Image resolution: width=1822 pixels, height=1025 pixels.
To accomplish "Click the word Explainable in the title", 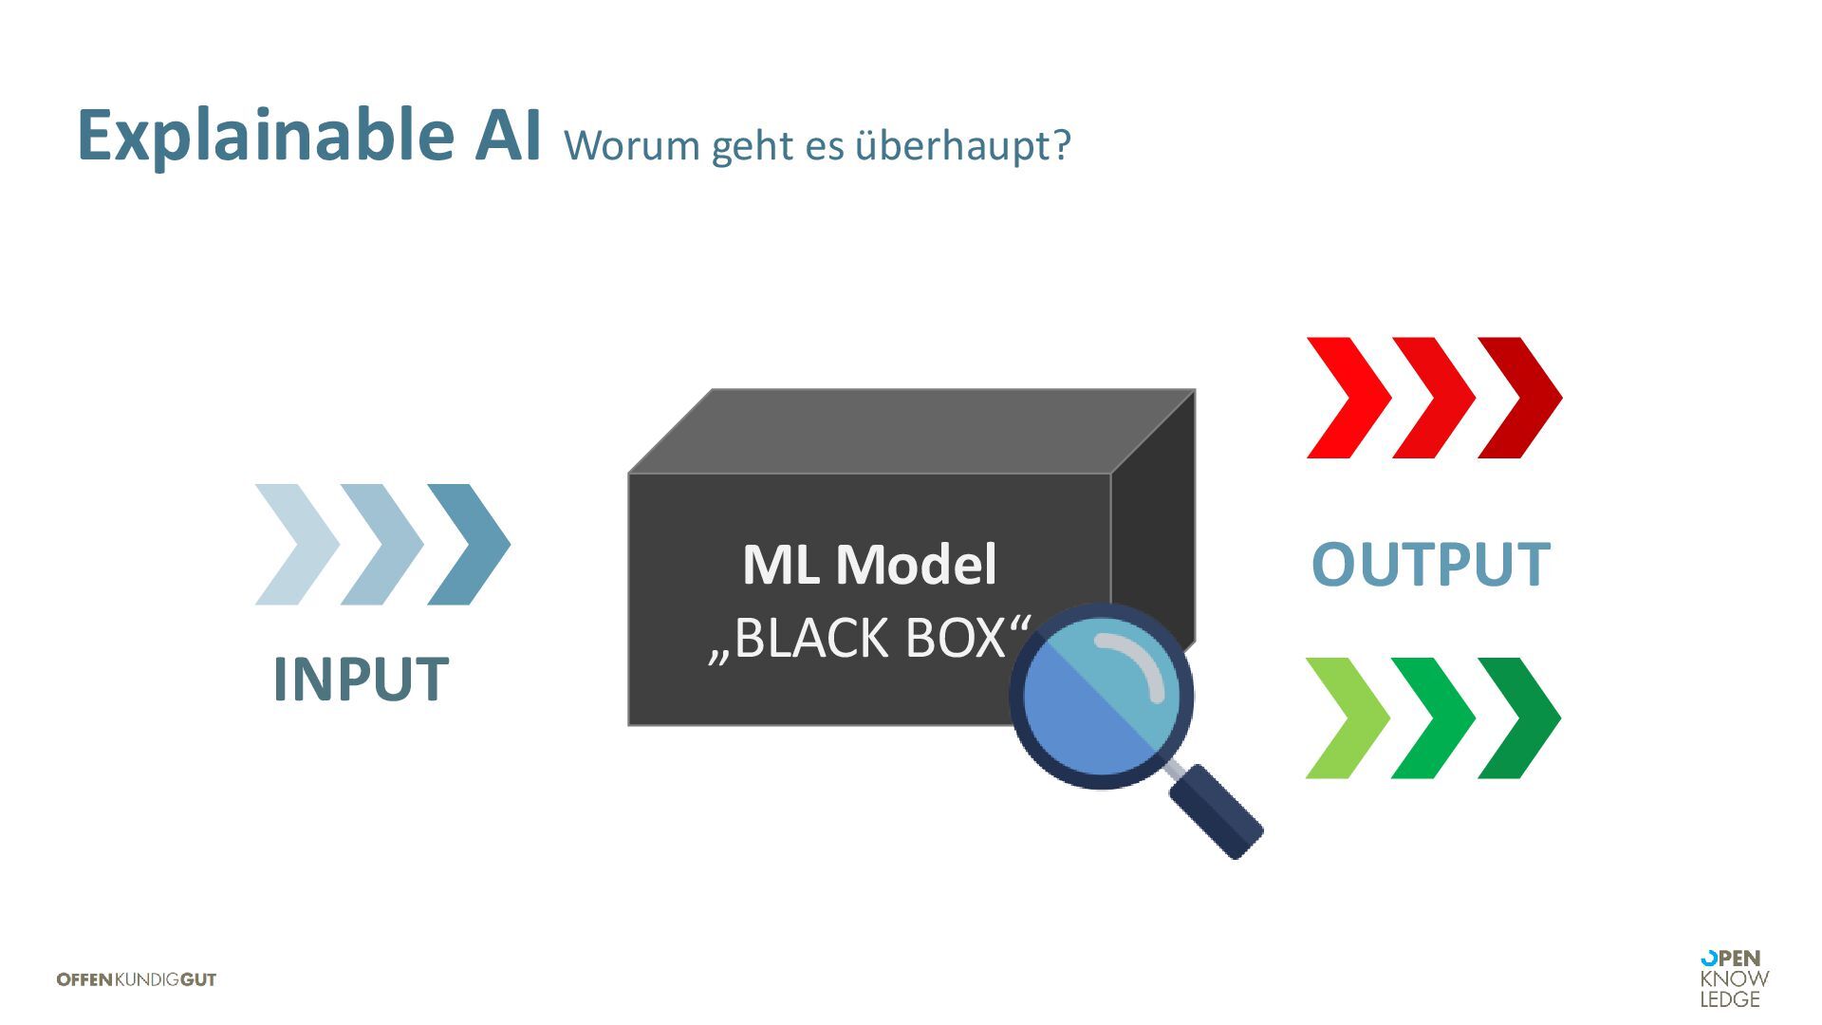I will click(267, 136).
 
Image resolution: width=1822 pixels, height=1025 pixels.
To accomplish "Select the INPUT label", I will click(361, 680).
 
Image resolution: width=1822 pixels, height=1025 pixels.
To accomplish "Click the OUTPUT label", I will click(1430, 565).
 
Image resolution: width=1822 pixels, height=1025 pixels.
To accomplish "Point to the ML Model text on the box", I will click(869, 565).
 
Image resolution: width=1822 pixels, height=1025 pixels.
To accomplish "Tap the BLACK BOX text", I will click(869, 638).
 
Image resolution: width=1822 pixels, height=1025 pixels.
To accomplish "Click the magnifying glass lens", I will click(1101, 696).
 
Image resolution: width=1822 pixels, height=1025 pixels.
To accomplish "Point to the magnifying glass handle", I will click(1217, 812).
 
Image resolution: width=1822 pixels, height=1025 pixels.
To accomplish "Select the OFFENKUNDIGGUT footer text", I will click(137, 979).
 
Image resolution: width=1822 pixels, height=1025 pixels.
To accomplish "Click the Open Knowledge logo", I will click(1734, 978).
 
